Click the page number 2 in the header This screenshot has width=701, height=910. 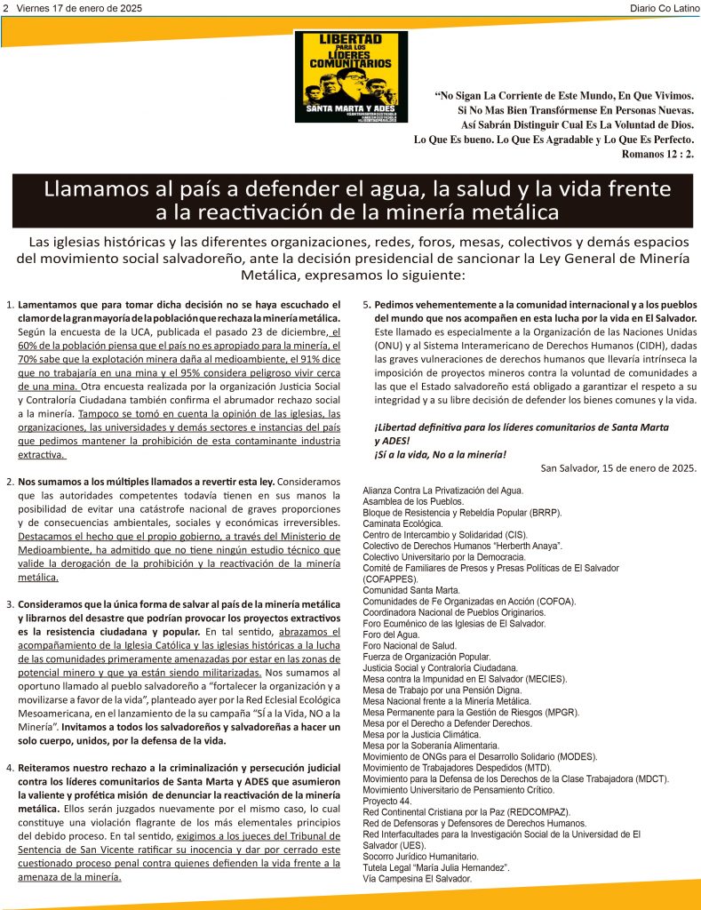6,8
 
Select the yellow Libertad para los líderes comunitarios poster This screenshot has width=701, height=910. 351,76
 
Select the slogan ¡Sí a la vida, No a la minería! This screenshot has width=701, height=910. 440,455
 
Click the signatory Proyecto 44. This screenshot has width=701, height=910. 388,801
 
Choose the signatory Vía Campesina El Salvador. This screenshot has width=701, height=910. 418,878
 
